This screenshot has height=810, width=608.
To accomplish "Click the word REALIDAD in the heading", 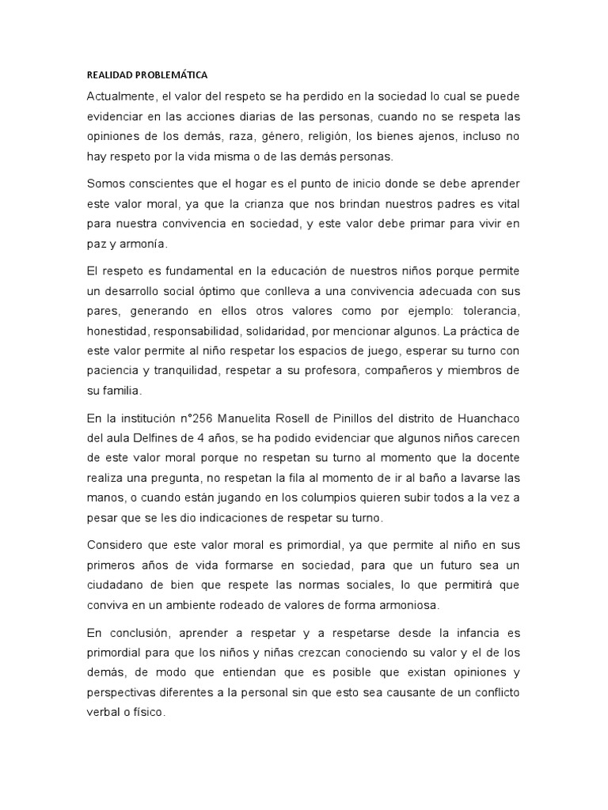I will click(x=107, y=75).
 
